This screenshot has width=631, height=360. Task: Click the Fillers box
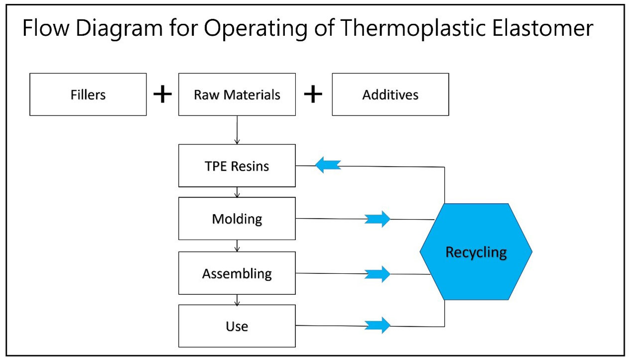point(88,95)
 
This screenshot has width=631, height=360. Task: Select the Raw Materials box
point(237,95)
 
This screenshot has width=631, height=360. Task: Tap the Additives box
point(390,95)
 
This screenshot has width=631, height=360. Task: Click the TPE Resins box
point(237,166)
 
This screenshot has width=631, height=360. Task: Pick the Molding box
point(237,219)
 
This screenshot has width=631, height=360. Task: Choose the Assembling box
point(237,273)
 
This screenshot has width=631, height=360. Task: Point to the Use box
point(237,326)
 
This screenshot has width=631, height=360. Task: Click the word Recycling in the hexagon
point(476,252)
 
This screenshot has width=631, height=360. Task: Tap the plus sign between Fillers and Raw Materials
point(162,94)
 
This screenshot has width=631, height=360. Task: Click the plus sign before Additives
point(313,94)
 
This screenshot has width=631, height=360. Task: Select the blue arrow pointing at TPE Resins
point(328,165)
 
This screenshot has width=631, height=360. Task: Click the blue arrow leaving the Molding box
point(378,219)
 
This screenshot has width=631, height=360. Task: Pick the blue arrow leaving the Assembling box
point(378,274)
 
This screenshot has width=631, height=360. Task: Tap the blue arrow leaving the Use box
point(378,325)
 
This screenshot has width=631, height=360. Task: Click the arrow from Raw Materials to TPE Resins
point(237,130)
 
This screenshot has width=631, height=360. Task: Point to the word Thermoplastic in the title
point(413,29)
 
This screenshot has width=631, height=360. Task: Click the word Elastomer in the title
point(542,28)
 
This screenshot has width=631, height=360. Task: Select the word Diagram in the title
point(119,29)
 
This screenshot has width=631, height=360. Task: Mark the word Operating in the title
point(255,29)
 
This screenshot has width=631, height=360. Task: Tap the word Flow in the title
point(46,28)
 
